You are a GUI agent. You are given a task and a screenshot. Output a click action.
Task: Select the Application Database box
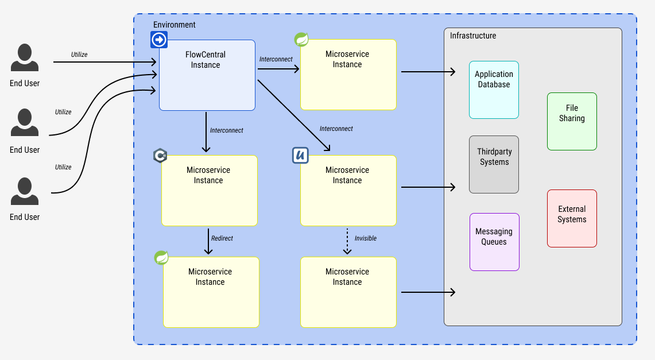coord(494,90)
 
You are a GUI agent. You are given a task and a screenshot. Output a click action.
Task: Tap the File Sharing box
coord(572,122)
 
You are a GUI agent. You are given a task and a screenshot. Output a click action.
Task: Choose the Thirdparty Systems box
coord(494,165)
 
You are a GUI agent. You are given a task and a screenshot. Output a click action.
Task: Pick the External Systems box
coord(572,219)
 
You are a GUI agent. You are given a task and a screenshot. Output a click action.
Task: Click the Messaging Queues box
coord(494,242)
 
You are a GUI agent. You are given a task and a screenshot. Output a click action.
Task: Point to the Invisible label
coord(366,238)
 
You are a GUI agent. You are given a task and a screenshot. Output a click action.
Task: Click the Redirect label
coord(222,238)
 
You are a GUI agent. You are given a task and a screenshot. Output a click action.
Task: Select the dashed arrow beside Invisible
coord(347,241)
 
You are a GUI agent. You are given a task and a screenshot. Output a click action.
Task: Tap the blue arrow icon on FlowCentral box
coord(159,40)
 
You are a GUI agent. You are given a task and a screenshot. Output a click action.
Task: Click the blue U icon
coord(301,156)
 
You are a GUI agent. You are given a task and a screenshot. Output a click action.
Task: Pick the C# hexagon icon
coord(160,156)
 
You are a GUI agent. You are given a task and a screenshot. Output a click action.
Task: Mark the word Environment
coord(175,25)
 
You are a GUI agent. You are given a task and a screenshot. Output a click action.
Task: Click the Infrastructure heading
coord(473,36)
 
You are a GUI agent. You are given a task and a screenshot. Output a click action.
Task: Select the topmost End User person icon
coord(25,58)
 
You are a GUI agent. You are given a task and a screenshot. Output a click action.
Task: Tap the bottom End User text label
coord(25,217)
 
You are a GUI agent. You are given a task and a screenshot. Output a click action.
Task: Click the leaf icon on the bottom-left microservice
coord(162,258)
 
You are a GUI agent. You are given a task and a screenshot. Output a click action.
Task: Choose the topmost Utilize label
coord(79,55)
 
